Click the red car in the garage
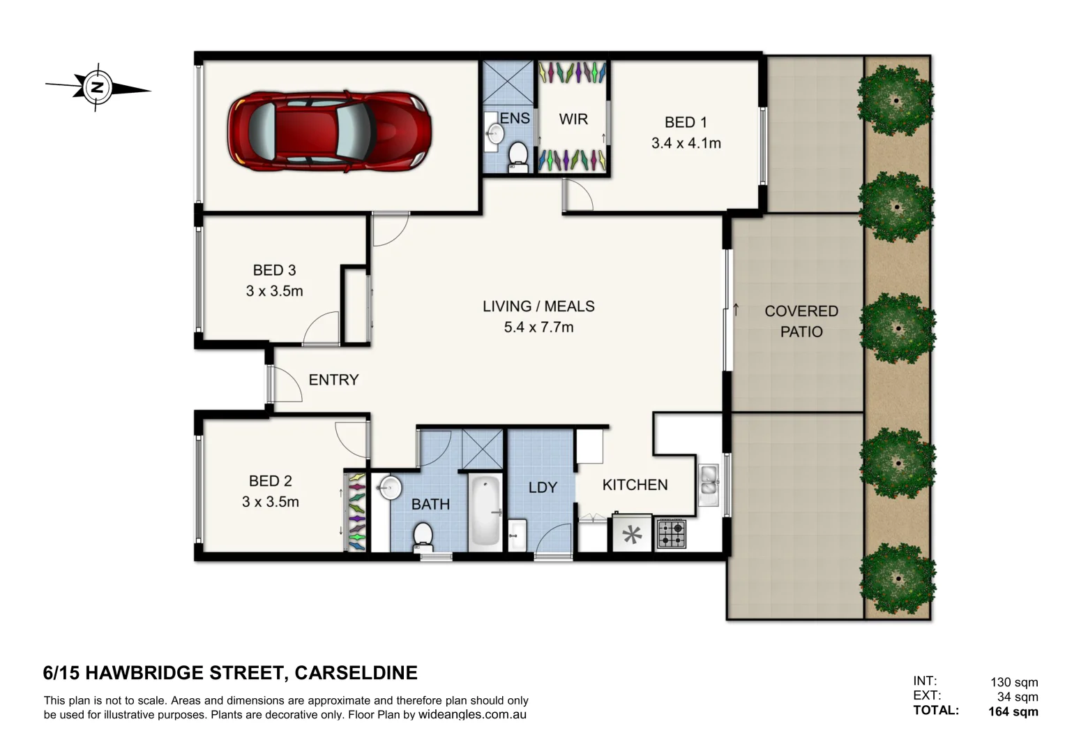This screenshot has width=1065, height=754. click(x=329, y=131)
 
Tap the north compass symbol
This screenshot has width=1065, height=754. click(x=98, y=88)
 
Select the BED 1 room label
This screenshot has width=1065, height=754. click(x=686, y=122)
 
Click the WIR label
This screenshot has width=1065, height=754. click(x=573, y=119)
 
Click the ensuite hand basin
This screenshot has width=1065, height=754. click(x=495, y=133)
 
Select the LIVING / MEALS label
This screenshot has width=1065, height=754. click(x=538, y=306)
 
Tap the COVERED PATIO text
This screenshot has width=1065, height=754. click(x=801, y=321)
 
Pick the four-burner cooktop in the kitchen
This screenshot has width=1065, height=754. click(x=671, y=534)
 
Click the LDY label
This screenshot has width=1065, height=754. click(x=543, y=487)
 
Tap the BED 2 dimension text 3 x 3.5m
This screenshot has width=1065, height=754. click(x=270, y=502)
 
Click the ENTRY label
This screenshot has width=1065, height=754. click(x=333, y=380)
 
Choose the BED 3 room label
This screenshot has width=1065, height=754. click(x=274, y=270)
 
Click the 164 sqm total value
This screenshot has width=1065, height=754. click(x=1013, y=711)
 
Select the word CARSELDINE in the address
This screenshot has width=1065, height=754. click(x=356, y=673)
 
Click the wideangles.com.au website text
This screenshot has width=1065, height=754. click(x=472, y=715)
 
